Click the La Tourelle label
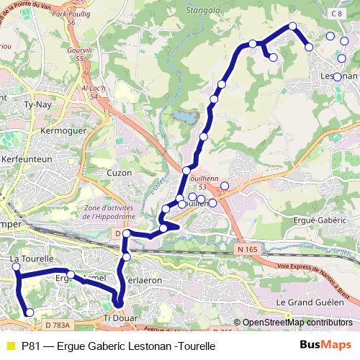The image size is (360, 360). coord(31,258)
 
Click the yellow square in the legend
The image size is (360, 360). coord(10,346)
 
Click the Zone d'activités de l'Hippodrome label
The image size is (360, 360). coord(114,213)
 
